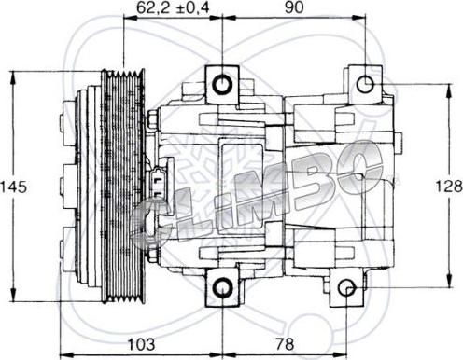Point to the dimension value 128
pyautogui.click(x=449, y=185)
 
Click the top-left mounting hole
pyautogui.click(x=222, y=85)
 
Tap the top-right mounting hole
pyautogui.click(x=360, y=83)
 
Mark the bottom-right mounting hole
pyautogui.click(x=347, y=288)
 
